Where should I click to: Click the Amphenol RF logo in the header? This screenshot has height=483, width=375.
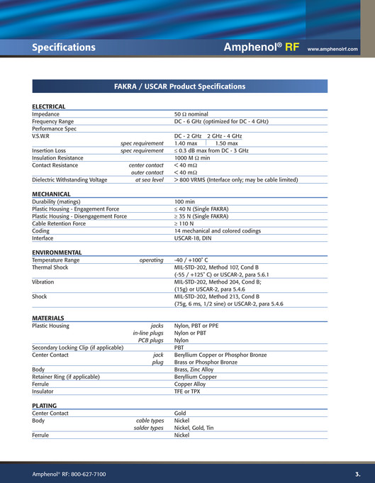pyautogui.click(x=261, y=48)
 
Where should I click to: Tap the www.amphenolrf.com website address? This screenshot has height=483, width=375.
pyautogui.click(x=332, y=49)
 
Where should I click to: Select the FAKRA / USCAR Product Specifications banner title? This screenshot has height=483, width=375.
pyautogui.click(x=179, y=87)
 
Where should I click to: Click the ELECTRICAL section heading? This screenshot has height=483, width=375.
pyautogui.click(x=49, y=106)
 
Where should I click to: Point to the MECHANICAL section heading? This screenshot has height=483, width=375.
pyautogui.click(x=51, y=194)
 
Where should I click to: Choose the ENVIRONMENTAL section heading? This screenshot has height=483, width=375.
pyautogui.click(x=57, y=252)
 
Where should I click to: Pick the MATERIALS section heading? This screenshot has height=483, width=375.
pyautogui.click(x=48, y=318)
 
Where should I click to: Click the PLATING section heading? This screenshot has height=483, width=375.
pyautogui.click(x=45, y=406)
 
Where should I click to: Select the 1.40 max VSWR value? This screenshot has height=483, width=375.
pyautogui.click(x=186, y=143)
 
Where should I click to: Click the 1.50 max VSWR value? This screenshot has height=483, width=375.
pyautogui.click(x=226, y=143)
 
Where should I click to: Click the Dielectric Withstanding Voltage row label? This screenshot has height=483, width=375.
pyautogui.click(x=69, y=180)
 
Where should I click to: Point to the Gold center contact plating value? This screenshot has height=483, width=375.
pyautogui.click(x=181, y=413)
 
